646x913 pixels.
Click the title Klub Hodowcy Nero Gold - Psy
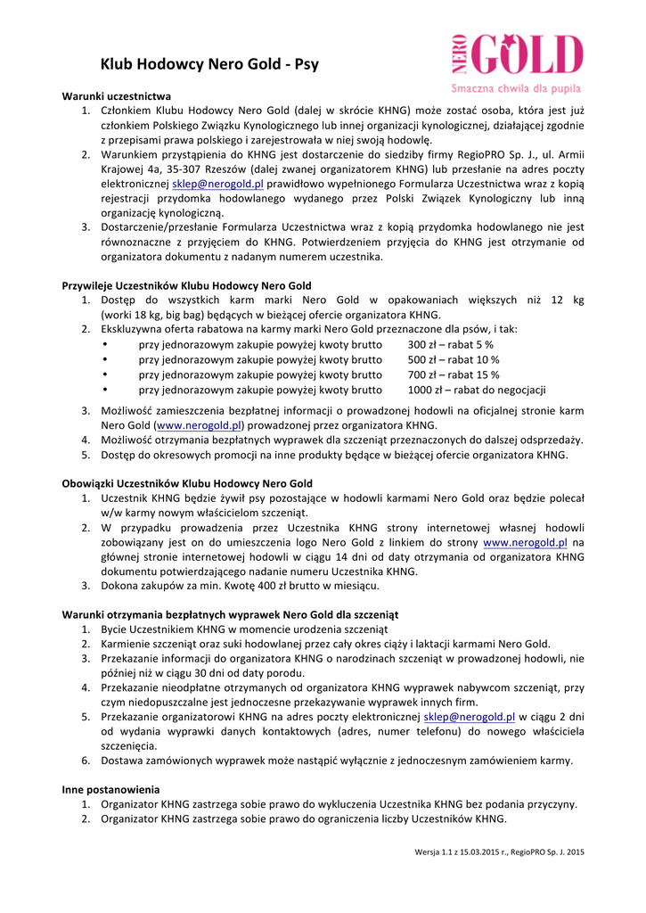coord(209,64)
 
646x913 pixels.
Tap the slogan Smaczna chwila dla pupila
coord(515,88)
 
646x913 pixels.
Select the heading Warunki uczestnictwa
coord(116,95)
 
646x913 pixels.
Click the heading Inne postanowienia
coord(110,789)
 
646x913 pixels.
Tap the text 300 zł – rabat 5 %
coord(450,344)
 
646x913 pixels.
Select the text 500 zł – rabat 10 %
coord(453,359)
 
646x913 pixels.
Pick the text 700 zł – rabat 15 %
coord(453,374)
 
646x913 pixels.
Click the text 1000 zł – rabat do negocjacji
coord(476,390)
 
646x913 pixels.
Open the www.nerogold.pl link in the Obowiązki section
coord(525,542)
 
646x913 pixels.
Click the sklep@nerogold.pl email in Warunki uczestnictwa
coord(230,183)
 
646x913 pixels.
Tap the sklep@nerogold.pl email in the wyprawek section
coord(470,716)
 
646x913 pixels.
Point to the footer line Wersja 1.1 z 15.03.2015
coord(499,852)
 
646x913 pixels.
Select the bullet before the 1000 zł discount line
coord(105,390)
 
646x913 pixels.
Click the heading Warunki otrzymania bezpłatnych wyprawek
coord(229,615)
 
